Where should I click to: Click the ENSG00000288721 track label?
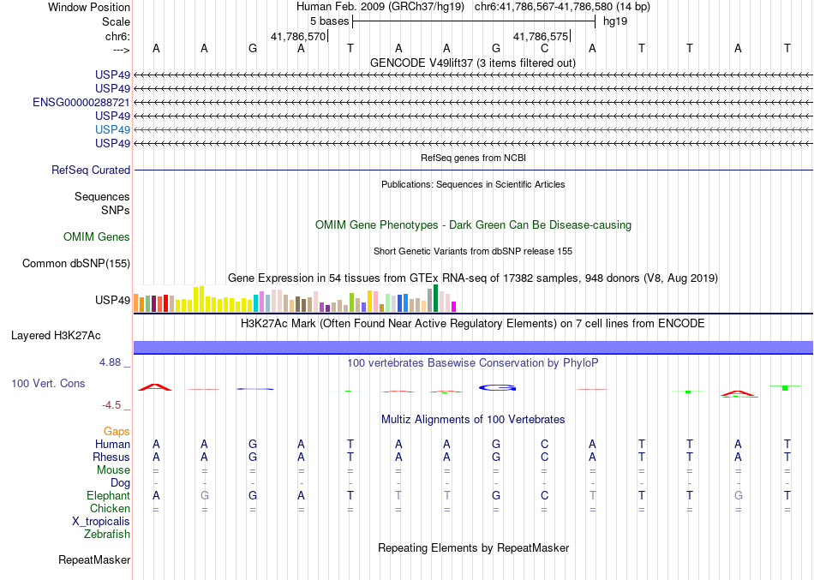pyautogui.click(x=81, y=102)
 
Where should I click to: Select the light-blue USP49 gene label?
pyautogui.click(x=113, y=129)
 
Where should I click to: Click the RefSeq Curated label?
pyautogui.click(x=91, y=170)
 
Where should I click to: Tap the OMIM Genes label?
pyautogui.click(x=97, y=237)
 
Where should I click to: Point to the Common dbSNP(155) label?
pyautogui.click(x=75, y=264)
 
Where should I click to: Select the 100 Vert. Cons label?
pyautogui.click(x=48, y=384)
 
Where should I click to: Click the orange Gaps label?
pyautogui.click(x=117, y=431)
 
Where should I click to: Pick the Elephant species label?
pyautogui.click(x=109, y=496)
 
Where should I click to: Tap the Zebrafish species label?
pyautogui.click(x=107, y=535)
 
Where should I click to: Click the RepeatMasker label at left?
pyautogui.click(x=94, y=560)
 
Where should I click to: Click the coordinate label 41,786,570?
pyautogui.click(x=298, y=37)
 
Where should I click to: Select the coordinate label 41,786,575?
pyautogui.click(x=541, y=37)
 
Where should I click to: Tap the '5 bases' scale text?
pyautogui.click(x=329, y=21)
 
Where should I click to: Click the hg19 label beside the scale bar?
pyautogui.click(x=615, y=21)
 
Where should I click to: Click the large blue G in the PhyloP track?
pyautogui.click(x=496, y=388)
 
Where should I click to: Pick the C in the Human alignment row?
pyautogui.click(x=544, y=445)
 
